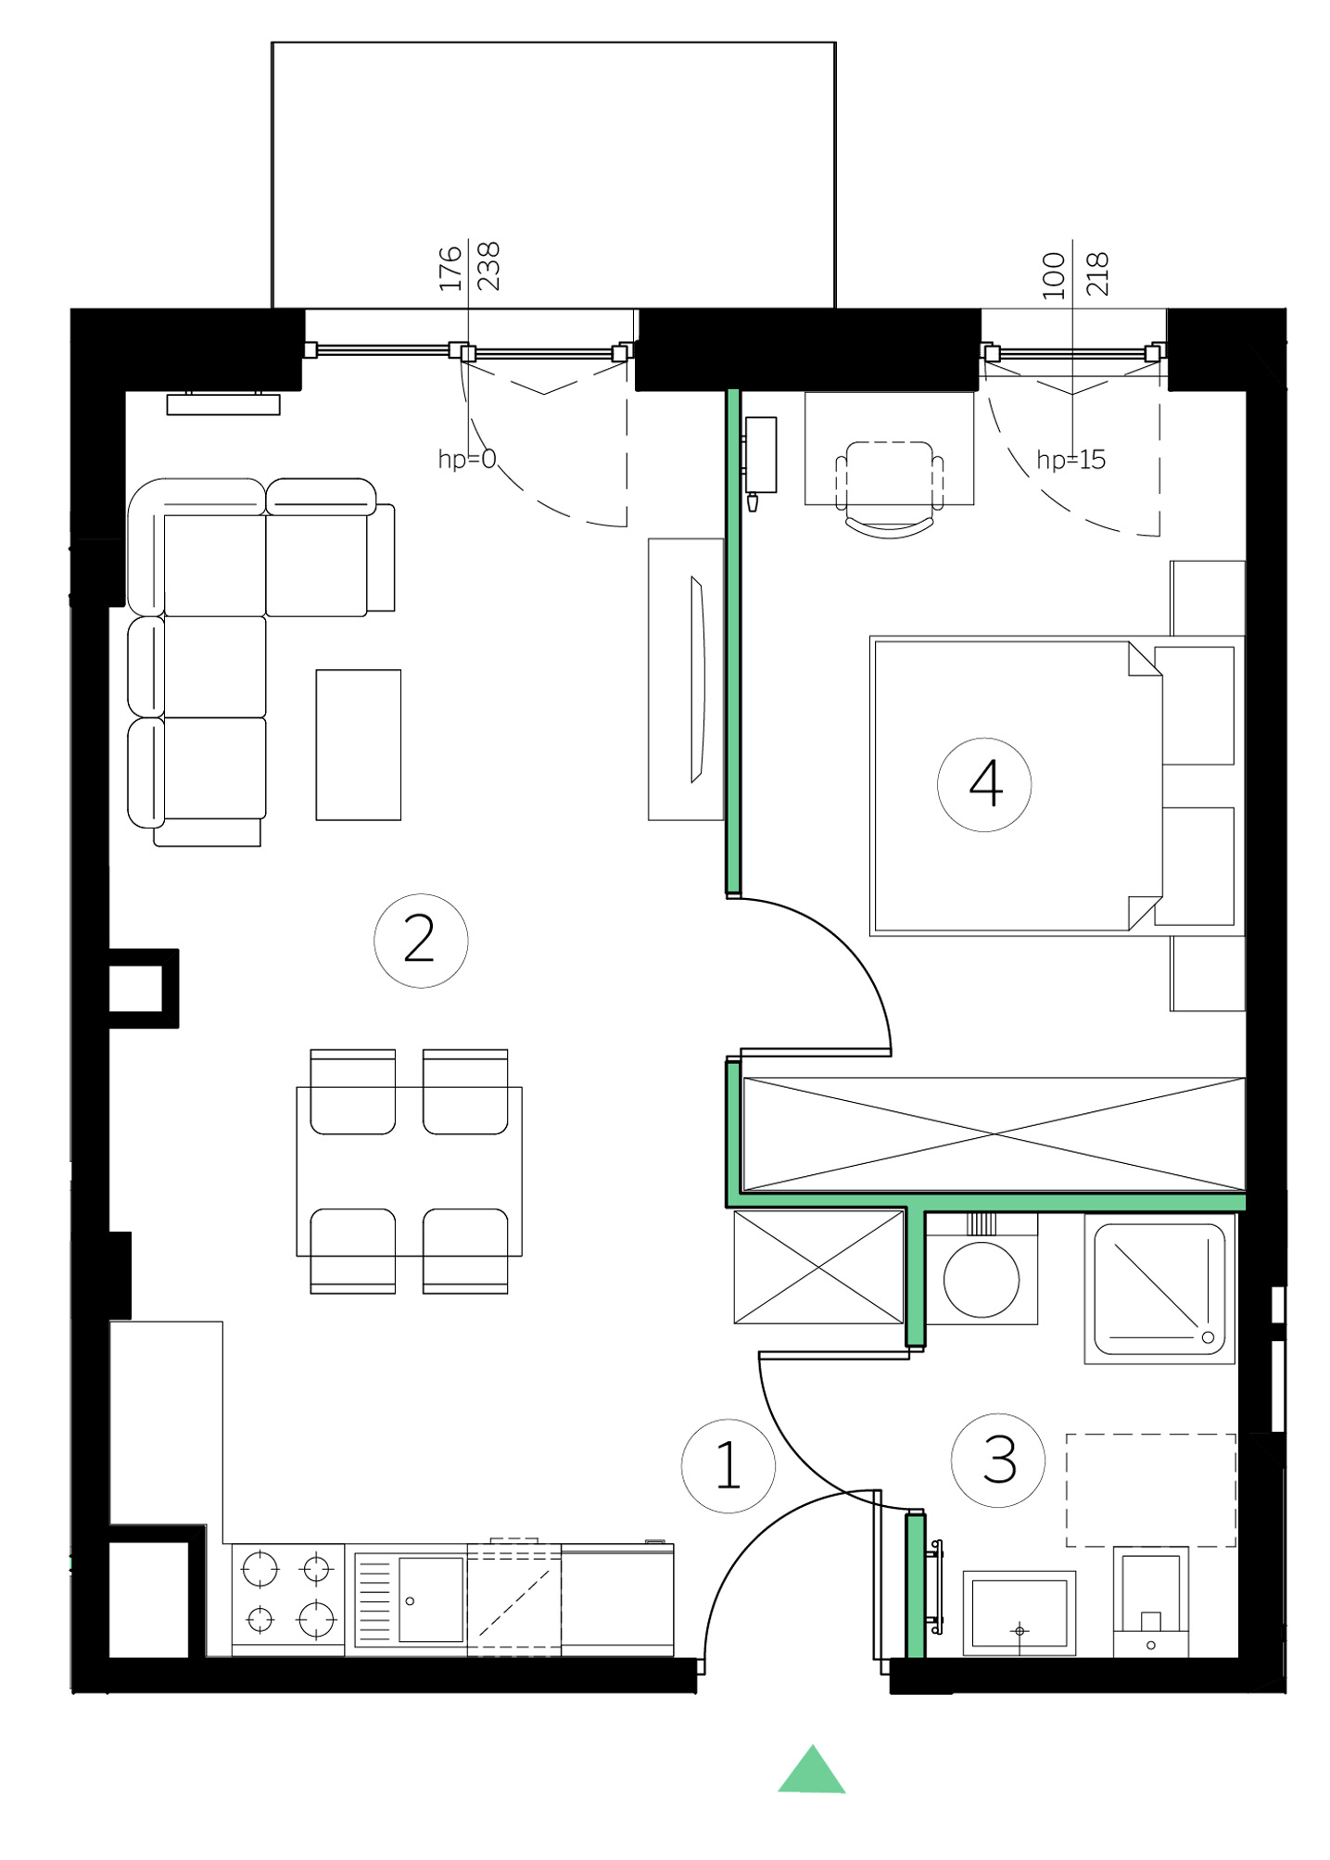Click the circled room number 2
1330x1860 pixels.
[421, 941]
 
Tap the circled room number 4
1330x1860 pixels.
[984, 784]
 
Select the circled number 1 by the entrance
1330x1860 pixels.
[728, 1466]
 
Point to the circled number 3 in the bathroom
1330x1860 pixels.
[998, 1461]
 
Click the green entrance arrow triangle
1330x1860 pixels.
[812, 1771]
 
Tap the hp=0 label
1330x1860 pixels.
[467, 459]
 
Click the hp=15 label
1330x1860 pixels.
[1071, 460]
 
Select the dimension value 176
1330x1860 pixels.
[450, 268]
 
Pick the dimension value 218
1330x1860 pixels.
[1096, 274]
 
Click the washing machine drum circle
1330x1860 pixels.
[982, 1280]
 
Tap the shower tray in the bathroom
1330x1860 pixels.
[1159, 1289]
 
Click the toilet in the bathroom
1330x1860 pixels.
[1150, 1601]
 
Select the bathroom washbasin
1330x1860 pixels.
[1020, 1613]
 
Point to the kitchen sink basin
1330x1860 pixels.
[431, 1599]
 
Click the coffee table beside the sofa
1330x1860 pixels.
[359, 745]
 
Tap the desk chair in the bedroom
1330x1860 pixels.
[890, 489]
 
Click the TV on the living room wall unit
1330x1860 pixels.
[698, 679]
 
